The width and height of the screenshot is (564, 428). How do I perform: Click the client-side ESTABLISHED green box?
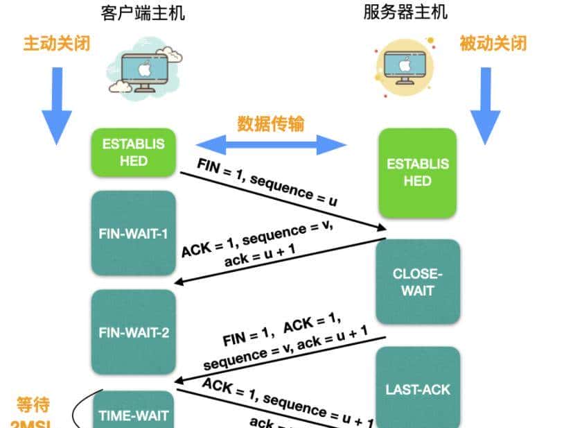pyautogui.click(x=134, y=152)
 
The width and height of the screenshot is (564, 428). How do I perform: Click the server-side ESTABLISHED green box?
pyautogui.click(x=418, y=172)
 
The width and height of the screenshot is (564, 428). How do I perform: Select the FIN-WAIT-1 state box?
pyautogui.click(x=134, y=233)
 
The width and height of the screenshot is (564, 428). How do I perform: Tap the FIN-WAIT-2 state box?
pyautogui.click(x=134, y=332)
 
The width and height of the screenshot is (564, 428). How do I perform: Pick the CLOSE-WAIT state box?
pyautogui.click(x=418, y=282)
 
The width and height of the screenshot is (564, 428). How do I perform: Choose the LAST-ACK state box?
pyautogui.click(x=418, y=388)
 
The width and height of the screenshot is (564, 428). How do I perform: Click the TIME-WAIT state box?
pyautogui.click(x=134, y=415)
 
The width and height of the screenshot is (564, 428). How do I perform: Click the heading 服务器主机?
pyautogui.click(x=405, y=12)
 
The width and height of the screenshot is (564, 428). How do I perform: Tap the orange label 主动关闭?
pyautogui.click(x=56, y=43)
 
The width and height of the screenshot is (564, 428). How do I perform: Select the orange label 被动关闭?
pyautogui.click(x=493, y=43)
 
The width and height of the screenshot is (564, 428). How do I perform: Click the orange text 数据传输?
pyautogui.click(x=271, y=123)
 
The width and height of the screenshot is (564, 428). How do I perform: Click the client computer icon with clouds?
pyautogui.click(x=146, y=69)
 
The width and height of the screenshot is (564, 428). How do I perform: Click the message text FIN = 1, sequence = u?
pyautogui.click(x=267, y=182)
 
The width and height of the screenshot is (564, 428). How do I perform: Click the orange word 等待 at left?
pyautogui.click(x=33, y=404)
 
